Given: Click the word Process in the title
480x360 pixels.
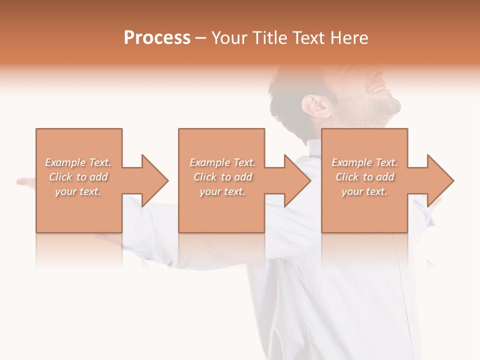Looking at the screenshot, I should (x=157, y=38).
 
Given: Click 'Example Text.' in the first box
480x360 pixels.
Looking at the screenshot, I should (x=78, y=162).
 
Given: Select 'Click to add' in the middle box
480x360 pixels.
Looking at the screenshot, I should (x=222, y=177).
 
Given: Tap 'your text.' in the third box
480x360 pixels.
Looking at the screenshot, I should (x=364, y=191).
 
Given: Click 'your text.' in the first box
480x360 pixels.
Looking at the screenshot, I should (x=78, y=191).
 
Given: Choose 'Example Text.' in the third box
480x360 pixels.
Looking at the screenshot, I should (x=364, y=162).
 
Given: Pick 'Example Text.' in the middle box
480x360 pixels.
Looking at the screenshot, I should (x=222, y=162).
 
